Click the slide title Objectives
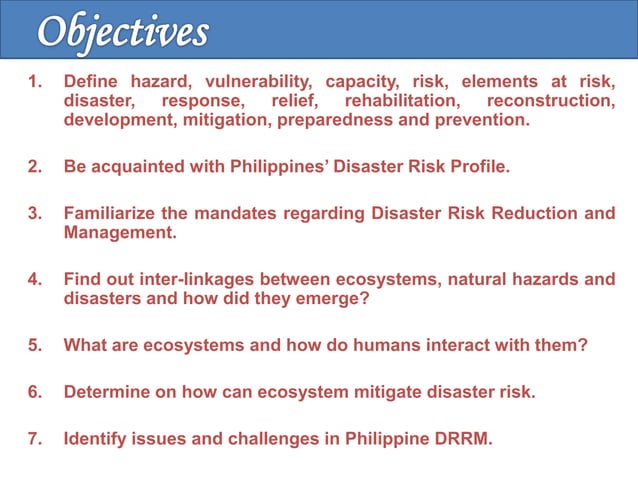pyautogui.click(x=123, y=31)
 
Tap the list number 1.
pyautogui.click(x=33, y=83)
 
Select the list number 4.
pyautogui.click(x=34, y=280)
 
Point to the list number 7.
pyautogui.click(x=34, y=438)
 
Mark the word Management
pyautogui.click(x=119, y=232)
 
